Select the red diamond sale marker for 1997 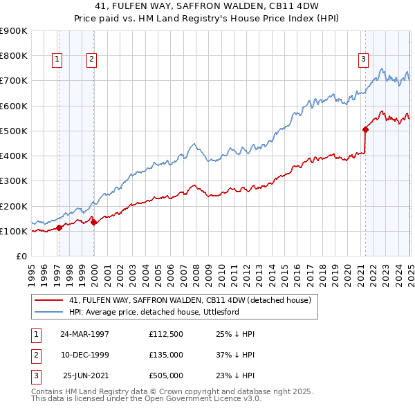(x=59, y=227)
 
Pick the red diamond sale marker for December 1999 (x=93, y=222)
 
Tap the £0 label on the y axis (x=21, y=256)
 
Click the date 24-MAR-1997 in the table (x=85, y=334)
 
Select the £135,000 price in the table (x=165, y=355)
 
